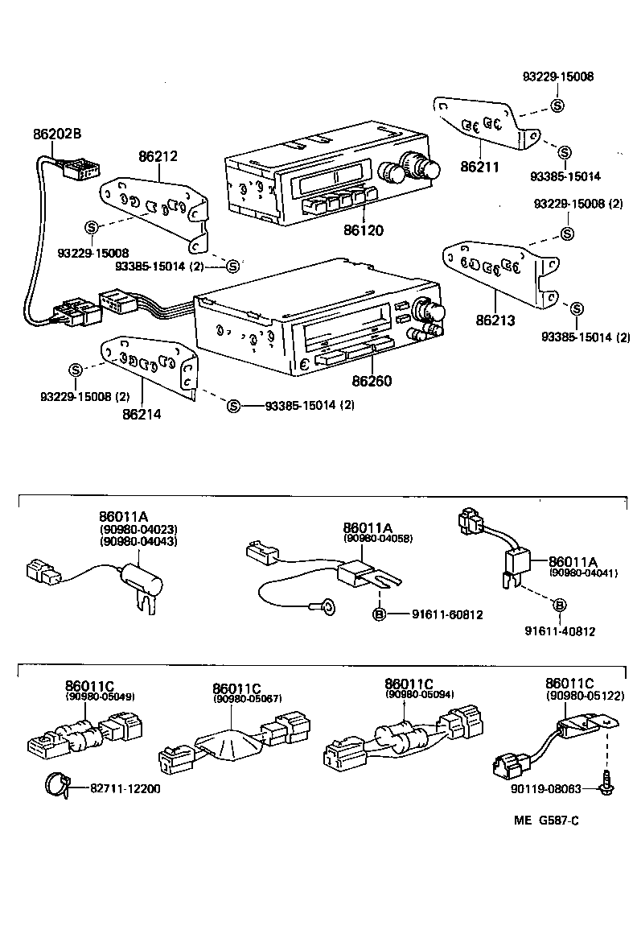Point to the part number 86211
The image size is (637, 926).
point(480,167)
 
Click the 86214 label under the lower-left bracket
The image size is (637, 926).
point(142,415)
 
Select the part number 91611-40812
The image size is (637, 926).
point(560,631)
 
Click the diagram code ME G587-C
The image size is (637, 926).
point(547,821)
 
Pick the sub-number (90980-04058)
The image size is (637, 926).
point(378,538)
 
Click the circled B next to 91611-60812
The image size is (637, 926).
point(379,614)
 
